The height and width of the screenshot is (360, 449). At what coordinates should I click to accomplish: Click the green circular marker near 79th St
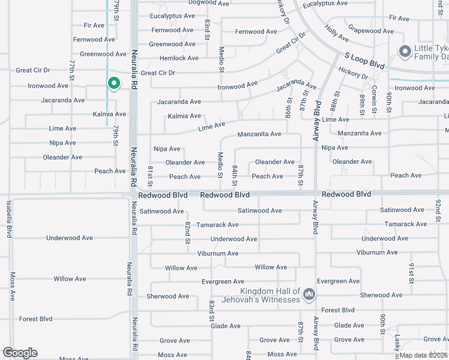click(x=113, y=83)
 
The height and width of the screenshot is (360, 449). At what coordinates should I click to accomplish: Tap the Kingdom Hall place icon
click(x=309, y=294)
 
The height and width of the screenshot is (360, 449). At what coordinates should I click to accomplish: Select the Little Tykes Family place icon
click(x=405, y=51)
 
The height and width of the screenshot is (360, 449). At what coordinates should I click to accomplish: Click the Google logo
click(x=20, y=353)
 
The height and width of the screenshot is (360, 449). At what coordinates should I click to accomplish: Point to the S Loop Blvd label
click(x=364, y=59)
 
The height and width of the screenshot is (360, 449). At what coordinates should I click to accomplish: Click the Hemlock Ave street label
click(x=179, y=58)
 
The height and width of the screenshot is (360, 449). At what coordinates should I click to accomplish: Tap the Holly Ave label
click(x=336, y=33)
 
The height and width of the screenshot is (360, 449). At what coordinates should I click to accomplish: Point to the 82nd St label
click(x=188, y=228)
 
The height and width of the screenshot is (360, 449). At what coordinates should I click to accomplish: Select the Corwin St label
click(x=374, y=100)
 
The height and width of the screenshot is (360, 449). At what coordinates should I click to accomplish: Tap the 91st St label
click(x=412, y=272)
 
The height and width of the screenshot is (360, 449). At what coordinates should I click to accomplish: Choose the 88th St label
click(x=334, y=103)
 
